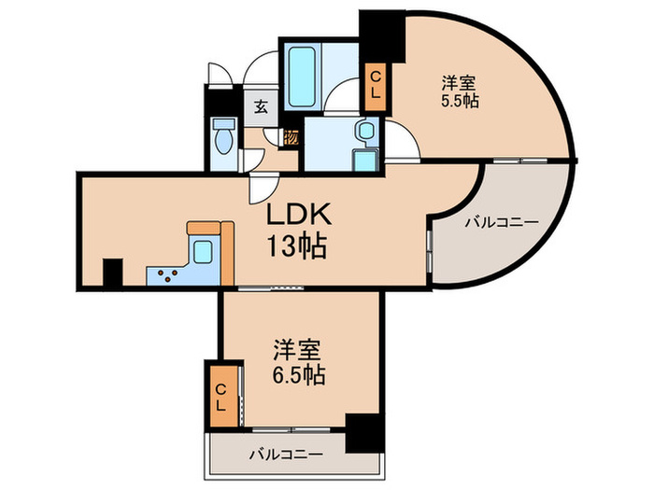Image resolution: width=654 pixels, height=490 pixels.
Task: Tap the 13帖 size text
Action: tap(298, 247)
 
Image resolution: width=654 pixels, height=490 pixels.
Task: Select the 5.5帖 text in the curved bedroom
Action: tap(460, 100)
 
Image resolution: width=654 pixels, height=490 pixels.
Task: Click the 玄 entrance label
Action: tap(258, 105)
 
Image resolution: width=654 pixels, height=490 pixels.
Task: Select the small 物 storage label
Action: tap(291, 136)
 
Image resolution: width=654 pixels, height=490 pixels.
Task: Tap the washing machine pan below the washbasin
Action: tap(364, 160)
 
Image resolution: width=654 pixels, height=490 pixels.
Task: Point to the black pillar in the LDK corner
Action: tap(112, 273)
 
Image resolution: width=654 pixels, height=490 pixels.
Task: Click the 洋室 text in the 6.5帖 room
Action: tap(298, 351)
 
